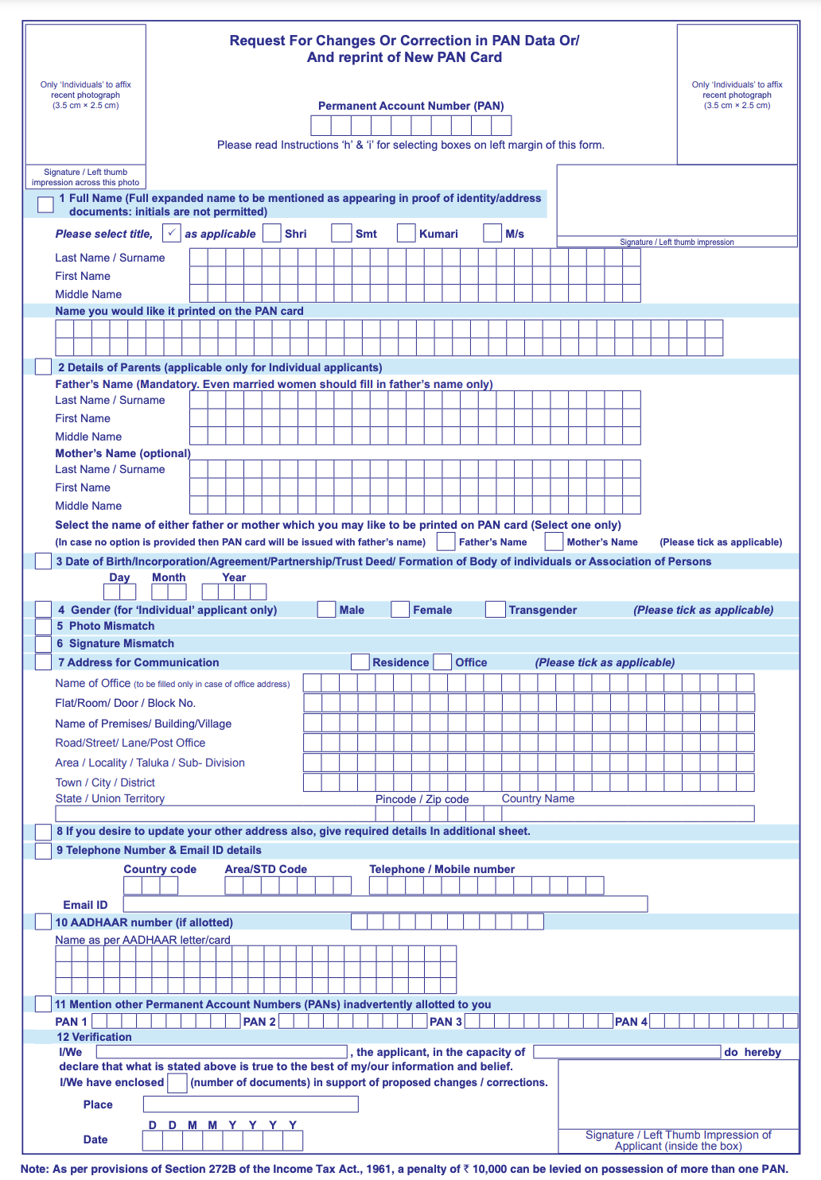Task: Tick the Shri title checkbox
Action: tap(272, 233)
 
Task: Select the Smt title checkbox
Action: tap(341, 233)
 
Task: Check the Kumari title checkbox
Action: tap(406, 233)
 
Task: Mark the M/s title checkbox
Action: tap(492, 233)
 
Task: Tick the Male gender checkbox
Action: tap(326, 610)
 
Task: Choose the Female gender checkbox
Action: tap(400, 610)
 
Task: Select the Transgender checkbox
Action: tap(495, 610)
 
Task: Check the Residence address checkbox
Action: tap(360, 662)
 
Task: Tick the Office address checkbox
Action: tap(442, 662)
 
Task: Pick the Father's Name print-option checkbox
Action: tap(446, 541)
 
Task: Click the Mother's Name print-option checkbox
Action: tap(554, 541)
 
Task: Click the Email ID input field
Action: tap(385, 904)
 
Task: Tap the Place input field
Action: tap(251, 1104)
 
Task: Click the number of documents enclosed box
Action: tap(177, 1083)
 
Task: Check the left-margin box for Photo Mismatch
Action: tap(44, 627)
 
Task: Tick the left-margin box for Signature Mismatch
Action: tap(44, 644)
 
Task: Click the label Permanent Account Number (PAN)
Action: tap(410, 106)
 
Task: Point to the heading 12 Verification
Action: tap(94, 1037)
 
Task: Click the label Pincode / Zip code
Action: tap(422, 799)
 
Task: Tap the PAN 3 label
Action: tap(446, 1022)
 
